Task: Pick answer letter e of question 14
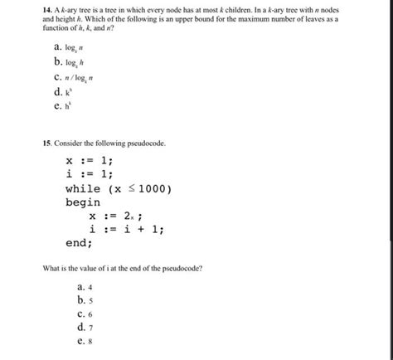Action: point(56,105)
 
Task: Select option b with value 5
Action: point(81,299)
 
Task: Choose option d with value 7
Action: point(81,327)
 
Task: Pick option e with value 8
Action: point(81,340)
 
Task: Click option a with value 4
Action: point(81,286)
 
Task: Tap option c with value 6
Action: point(81,314)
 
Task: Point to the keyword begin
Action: point(83,202)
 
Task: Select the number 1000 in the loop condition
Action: point(151,188)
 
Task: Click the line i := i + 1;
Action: point(127,230)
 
